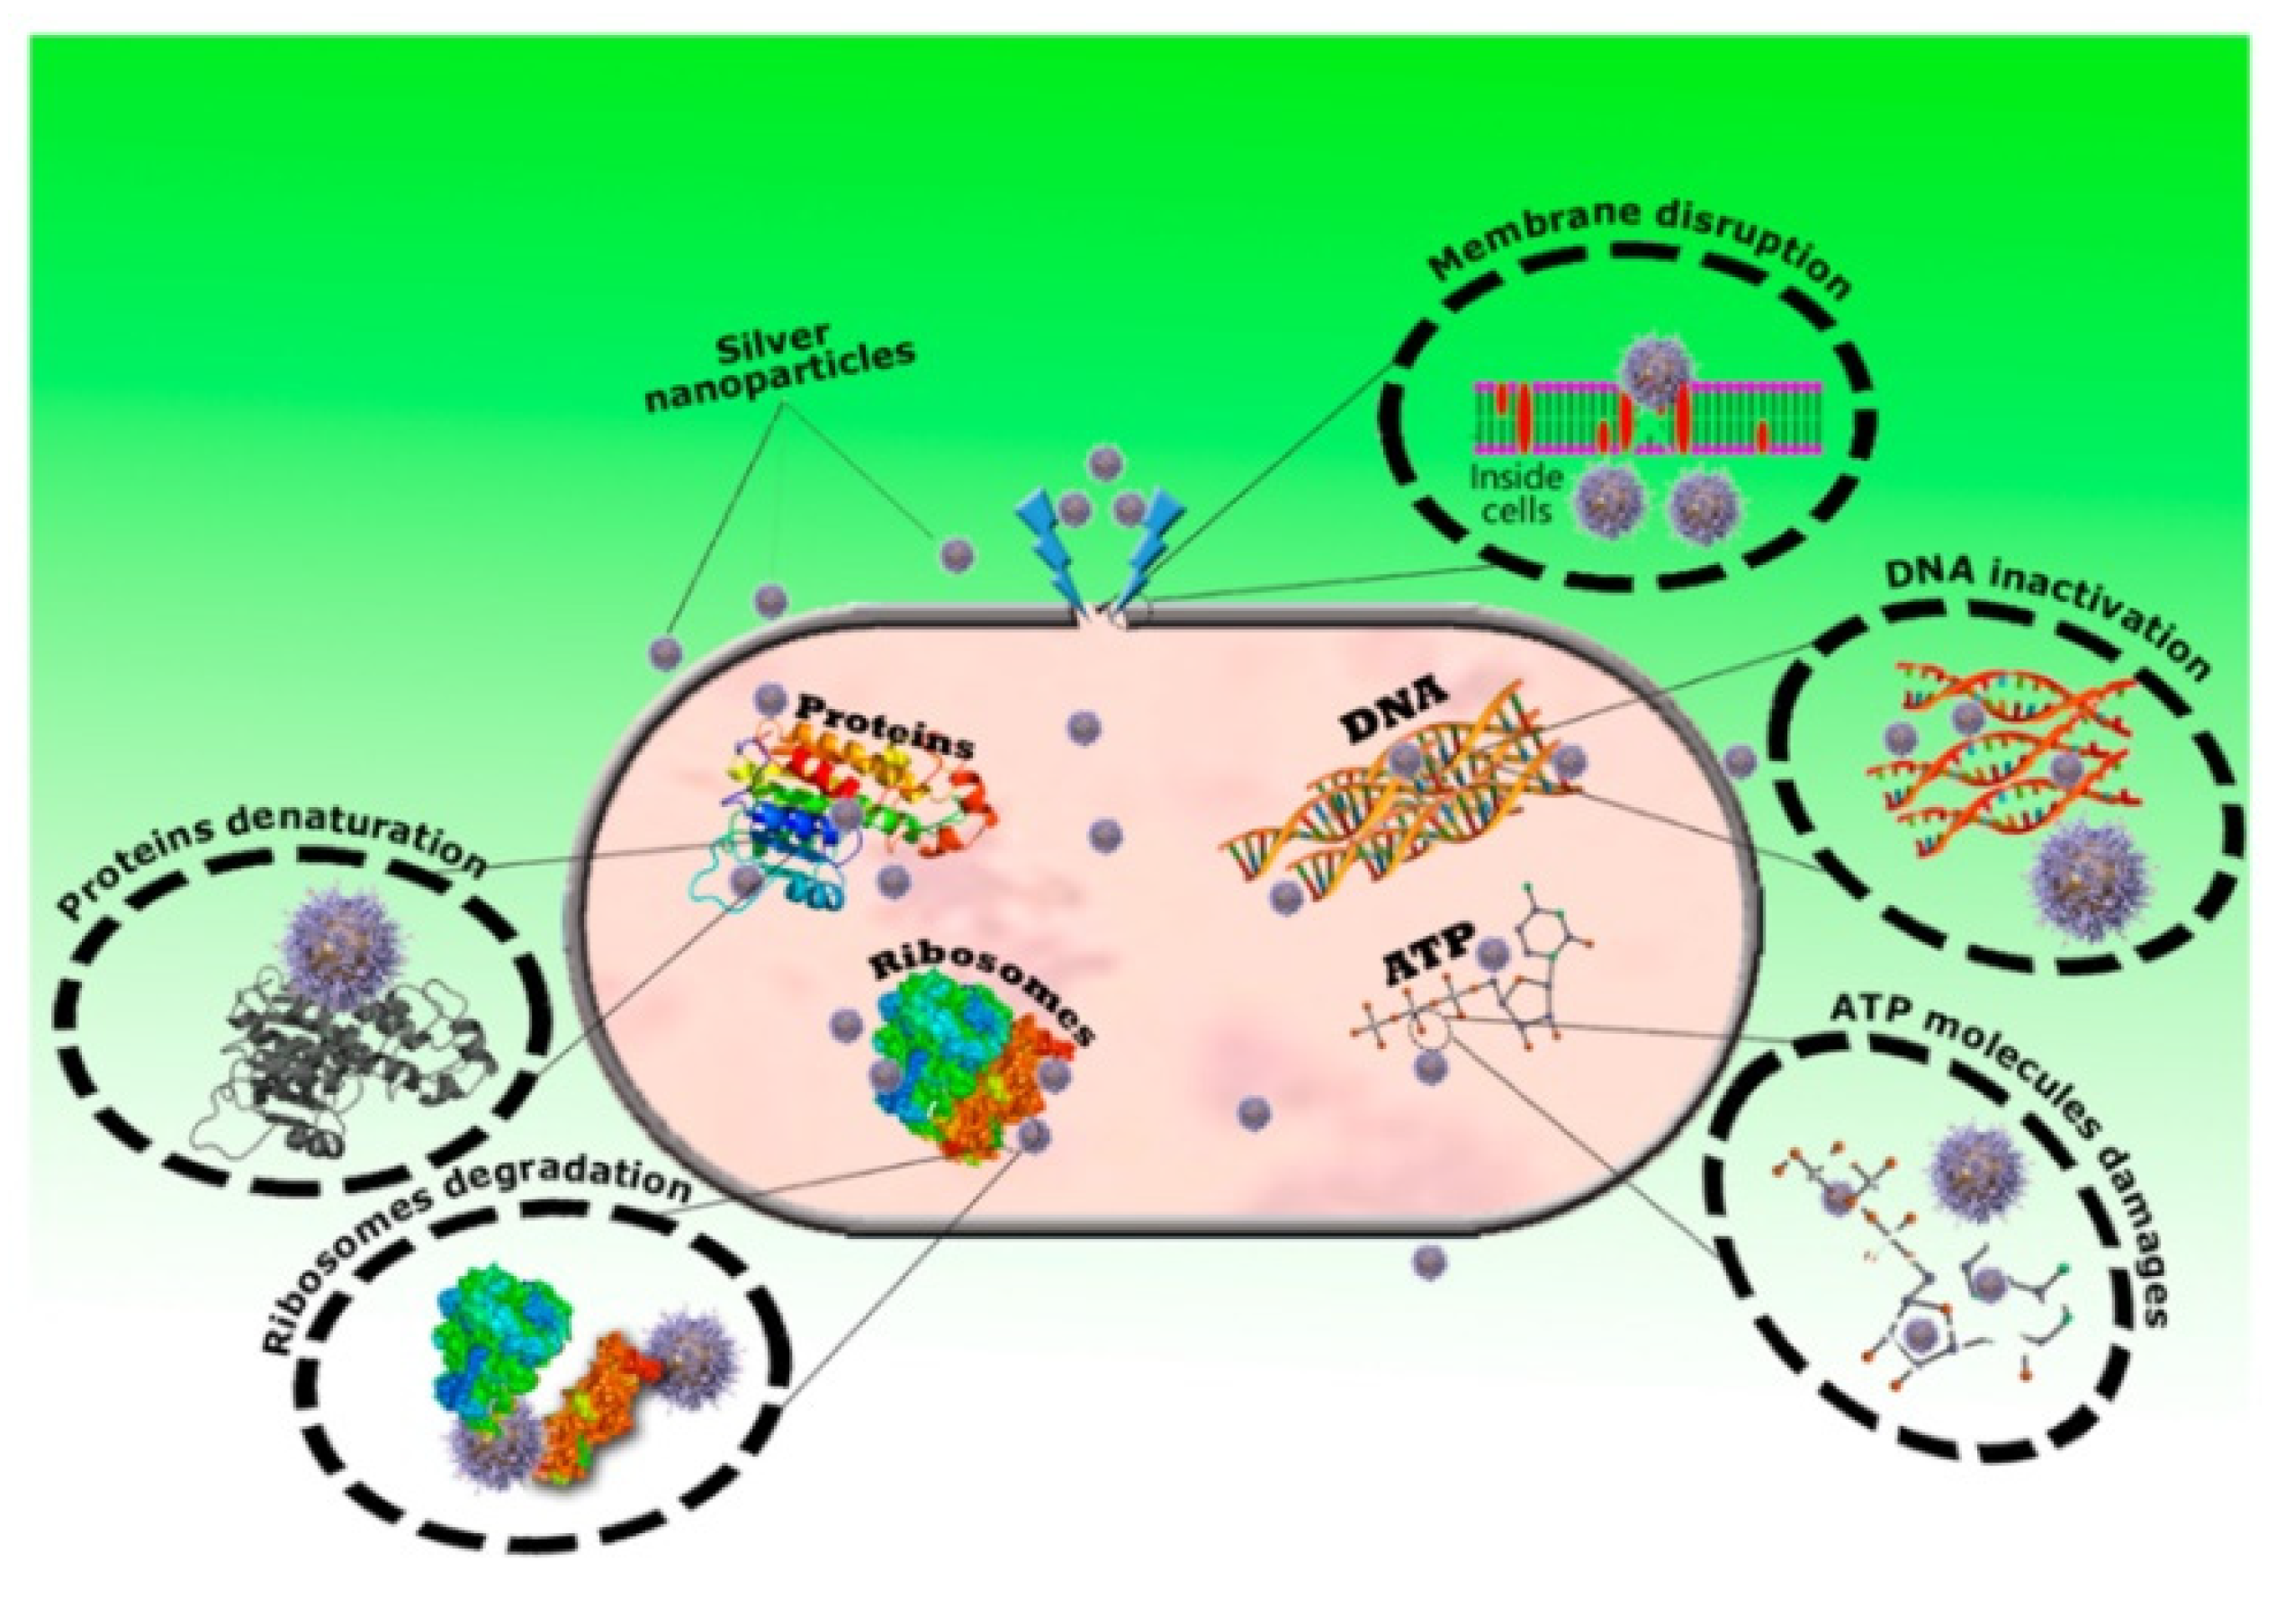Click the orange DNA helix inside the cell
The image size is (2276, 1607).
pyautogui.click(x=1408, y=812)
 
